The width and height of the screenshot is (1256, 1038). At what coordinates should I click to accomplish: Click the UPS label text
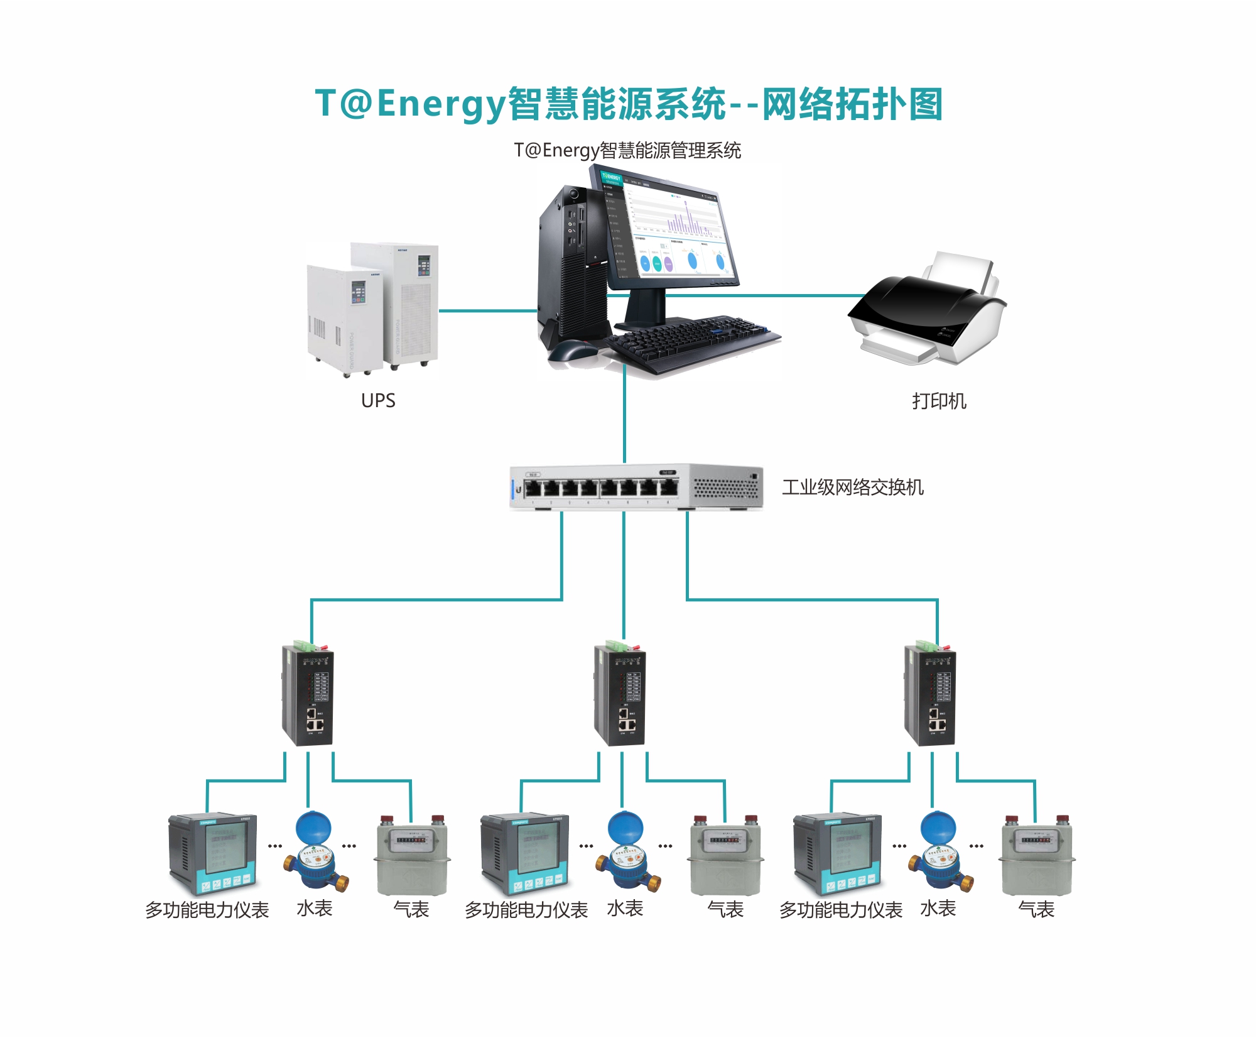[x=378, y=400]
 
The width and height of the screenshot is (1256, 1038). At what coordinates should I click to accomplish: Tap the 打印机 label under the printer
[x=939, y=401]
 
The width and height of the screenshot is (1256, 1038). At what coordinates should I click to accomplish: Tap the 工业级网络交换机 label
[x=852, y=487]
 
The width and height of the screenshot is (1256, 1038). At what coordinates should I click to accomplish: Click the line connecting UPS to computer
[x=487, y=310]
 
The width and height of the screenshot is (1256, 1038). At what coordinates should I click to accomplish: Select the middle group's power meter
[x=525, y=855]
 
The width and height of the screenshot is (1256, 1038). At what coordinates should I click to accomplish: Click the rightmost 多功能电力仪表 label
[x=840, y=910]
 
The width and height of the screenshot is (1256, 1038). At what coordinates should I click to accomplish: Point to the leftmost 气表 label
[x=411, y=909]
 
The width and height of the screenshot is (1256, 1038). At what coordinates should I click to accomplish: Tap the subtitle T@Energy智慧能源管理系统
[x=627, y=151]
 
